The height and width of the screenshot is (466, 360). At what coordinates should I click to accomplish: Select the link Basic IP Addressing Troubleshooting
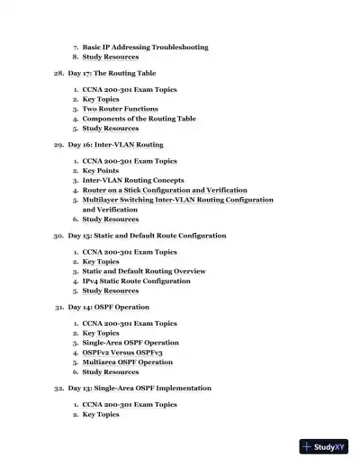tap(145, 47)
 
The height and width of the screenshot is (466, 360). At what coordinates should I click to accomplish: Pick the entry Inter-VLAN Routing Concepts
tap(133, 181)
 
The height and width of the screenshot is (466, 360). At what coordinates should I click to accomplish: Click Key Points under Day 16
tap(100, 171)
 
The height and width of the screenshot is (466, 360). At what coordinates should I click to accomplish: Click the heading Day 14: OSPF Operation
tap(109, 307)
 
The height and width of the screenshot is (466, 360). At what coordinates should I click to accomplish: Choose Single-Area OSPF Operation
tap(130, 343)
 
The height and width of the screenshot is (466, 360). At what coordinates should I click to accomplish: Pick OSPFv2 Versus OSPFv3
tap(123, 353)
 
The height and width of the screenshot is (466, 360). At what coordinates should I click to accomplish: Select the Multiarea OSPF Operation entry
tap(128, 362)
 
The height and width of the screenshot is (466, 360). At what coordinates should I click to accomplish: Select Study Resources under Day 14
tap(111, 372)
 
